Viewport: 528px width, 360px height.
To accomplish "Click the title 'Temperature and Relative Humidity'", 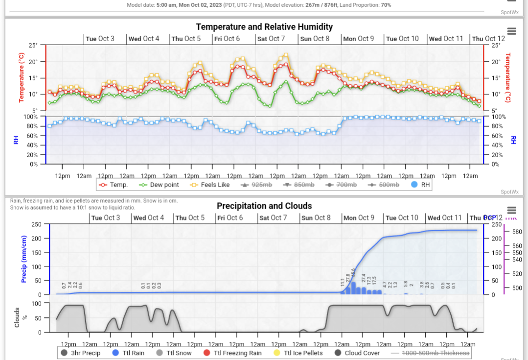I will pyautogui.click(x=264, y=27).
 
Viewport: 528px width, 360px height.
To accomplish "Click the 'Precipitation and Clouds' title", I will pyautogui.click(x=264, y=206).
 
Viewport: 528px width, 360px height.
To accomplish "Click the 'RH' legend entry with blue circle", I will pyautogui.click(x=421, y=185).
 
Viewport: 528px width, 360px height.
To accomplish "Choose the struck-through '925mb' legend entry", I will pyautogui.click(x=257, y=185).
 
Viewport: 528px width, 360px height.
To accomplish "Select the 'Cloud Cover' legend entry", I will pyautogui.click(x=357, y=353).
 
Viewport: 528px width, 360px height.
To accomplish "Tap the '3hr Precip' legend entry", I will pyautogui.click(x=81, y=353).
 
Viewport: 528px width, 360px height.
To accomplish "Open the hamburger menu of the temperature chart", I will pyautogui.click(x=512, y=31).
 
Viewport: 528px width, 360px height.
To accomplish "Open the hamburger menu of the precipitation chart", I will pyautogui.click(x=512, y=210).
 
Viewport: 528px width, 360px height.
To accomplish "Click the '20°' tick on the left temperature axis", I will pyautogui.click(x=33, y=62).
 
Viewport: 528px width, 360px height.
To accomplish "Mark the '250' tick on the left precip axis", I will pyautogui.click(x=37, y=224).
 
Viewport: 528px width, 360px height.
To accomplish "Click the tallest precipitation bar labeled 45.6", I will pyautogui.click(x=353, y=288).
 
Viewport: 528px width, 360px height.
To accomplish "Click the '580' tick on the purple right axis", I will pyautogui.click(x=517, y=232).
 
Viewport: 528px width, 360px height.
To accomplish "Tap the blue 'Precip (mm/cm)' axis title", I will pyautogui.click(x=23, y=259).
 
